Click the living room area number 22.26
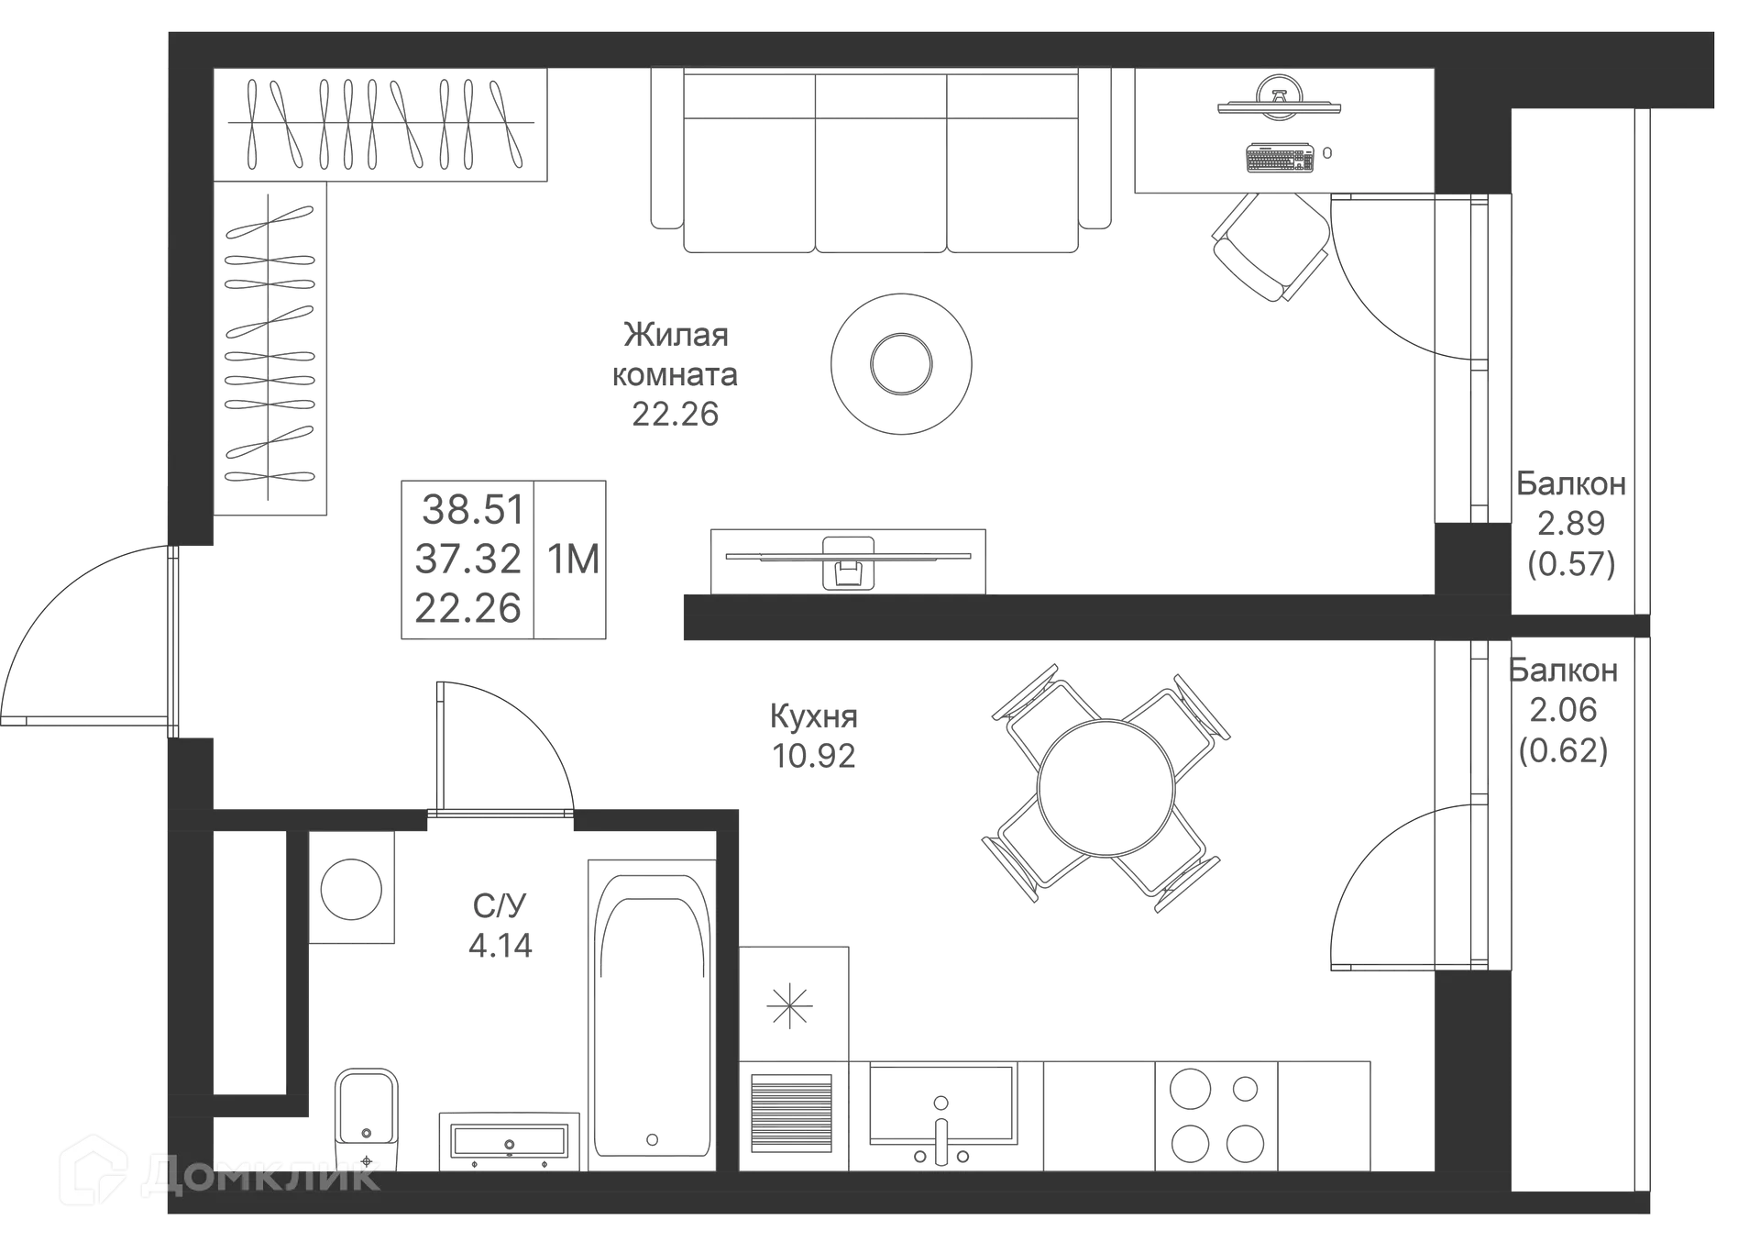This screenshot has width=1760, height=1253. coord(675,415)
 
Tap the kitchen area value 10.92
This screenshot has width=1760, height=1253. coord(814,756)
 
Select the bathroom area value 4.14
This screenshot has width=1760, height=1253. coord(500,945)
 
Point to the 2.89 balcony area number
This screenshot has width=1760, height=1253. coord(1571,523)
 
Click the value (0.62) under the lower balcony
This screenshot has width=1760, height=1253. coord(1564,750)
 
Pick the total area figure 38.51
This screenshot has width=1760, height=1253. coord(473,509)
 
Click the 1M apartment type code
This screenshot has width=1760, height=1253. coord(574,559)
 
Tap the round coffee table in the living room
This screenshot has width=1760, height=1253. coord(901,364)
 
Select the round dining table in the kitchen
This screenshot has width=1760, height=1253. coord(1106,788)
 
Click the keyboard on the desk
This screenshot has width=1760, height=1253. coord(1281,158)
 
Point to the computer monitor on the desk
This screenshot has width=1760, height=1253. coord(1279,99)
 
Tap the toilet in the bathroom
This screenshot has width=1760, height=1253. coord(366,1119)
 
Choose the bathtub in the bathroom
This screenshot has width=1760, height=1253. coord(652,1015)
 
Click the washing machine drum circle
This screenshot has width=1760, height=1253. coord(351,888)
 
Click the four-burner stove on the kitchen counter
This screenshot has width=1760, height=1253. coord(1216,1116)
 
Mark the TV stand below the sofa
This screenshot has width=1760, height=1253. coord(848,561)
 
